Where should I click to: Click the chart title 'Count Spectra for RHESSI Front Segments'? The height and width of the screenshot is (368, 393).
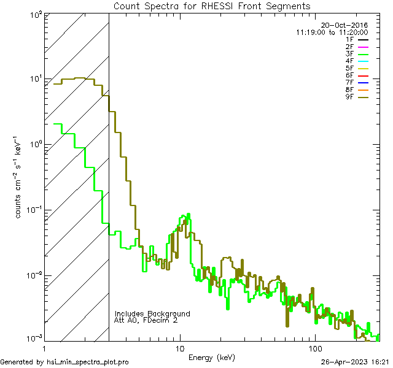[x=212, y=6]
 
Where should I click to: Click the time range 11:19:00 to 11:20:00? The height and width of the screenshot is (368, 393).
[x=332, y=32]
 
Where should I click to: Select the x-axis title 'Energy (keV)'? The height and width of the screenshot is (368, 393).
[x=212, y=357]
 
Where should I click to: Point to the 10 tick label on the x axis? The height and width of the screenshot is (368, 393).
[x=179, y=348]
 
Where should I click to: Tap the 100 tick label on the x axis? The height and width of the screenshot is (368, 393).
[x=315, y=348]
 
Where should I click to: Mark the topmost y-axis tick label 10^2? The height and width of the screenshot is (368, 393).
[x=34, y=13]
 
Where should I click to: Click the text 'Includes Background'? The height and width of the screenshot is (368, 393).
[x=152, y=313]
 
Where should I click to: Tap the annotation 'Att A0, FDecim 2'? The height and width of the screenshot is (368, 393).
[x=146, y=320]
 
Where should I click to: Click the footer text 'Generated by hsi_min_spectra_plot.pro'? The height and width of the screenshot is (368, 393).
[x=65, y=362]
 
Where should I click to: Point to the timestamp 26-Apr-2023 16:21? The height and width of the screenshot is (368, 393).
[x=354, y=362]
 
